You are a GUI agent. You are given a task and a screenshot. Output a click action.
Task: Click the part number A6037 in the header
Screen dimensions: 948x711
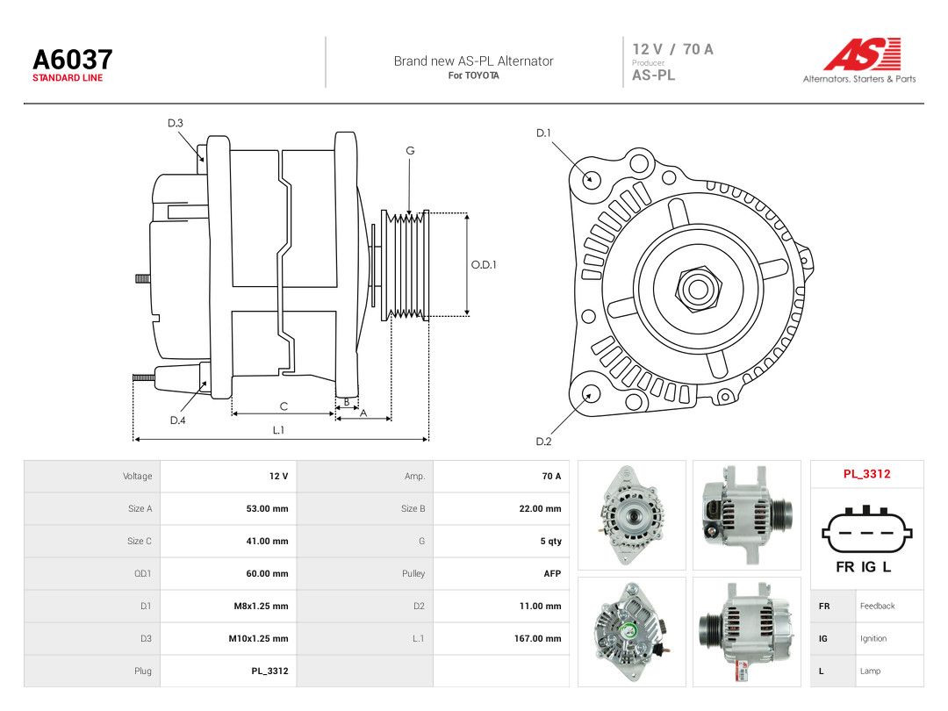pos(73,60)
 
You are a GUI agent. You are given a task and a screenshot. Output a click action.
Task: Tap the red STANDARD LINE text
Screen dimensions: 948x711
pos(68,78)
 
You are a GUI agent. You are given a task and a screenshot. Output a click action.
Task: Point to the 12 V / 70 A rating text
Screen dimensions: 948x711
pos(673,49)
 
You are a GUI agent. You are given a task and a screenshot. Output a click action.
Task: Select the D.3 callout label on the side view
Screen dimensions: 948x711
pos(176,124)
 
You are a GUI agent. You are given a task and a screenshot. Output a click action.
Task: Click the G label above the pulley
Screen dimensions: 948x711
pos(410,151)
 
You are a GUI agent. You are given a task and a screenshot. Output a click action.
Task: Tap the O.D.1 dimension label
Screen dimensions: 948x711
pos(484,265)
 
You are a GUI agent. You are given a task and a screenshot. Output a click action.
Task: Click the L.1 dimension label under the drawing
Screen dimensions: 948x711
pos(278,430)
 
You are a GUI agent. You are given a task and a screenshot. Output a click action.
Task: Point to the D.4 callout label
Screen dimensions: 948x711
pos(177,420)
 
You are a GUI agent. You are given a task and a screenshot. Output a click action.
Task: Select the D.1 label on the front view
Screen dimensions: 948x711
pos(543,133)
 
